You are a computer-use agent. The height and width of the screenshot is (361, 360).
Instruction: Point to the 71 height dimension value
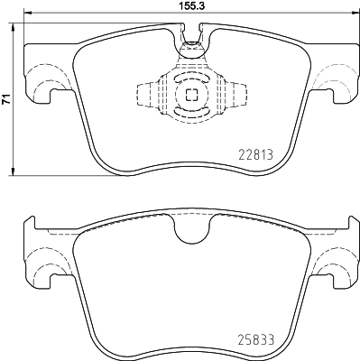(6, 101)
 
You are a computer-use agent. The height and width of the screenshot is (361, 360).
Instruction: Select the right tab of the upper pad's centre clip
(236, 95)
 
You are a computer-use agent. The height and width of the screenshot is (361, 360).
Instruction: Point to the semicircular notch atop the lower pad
(190, 233)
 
